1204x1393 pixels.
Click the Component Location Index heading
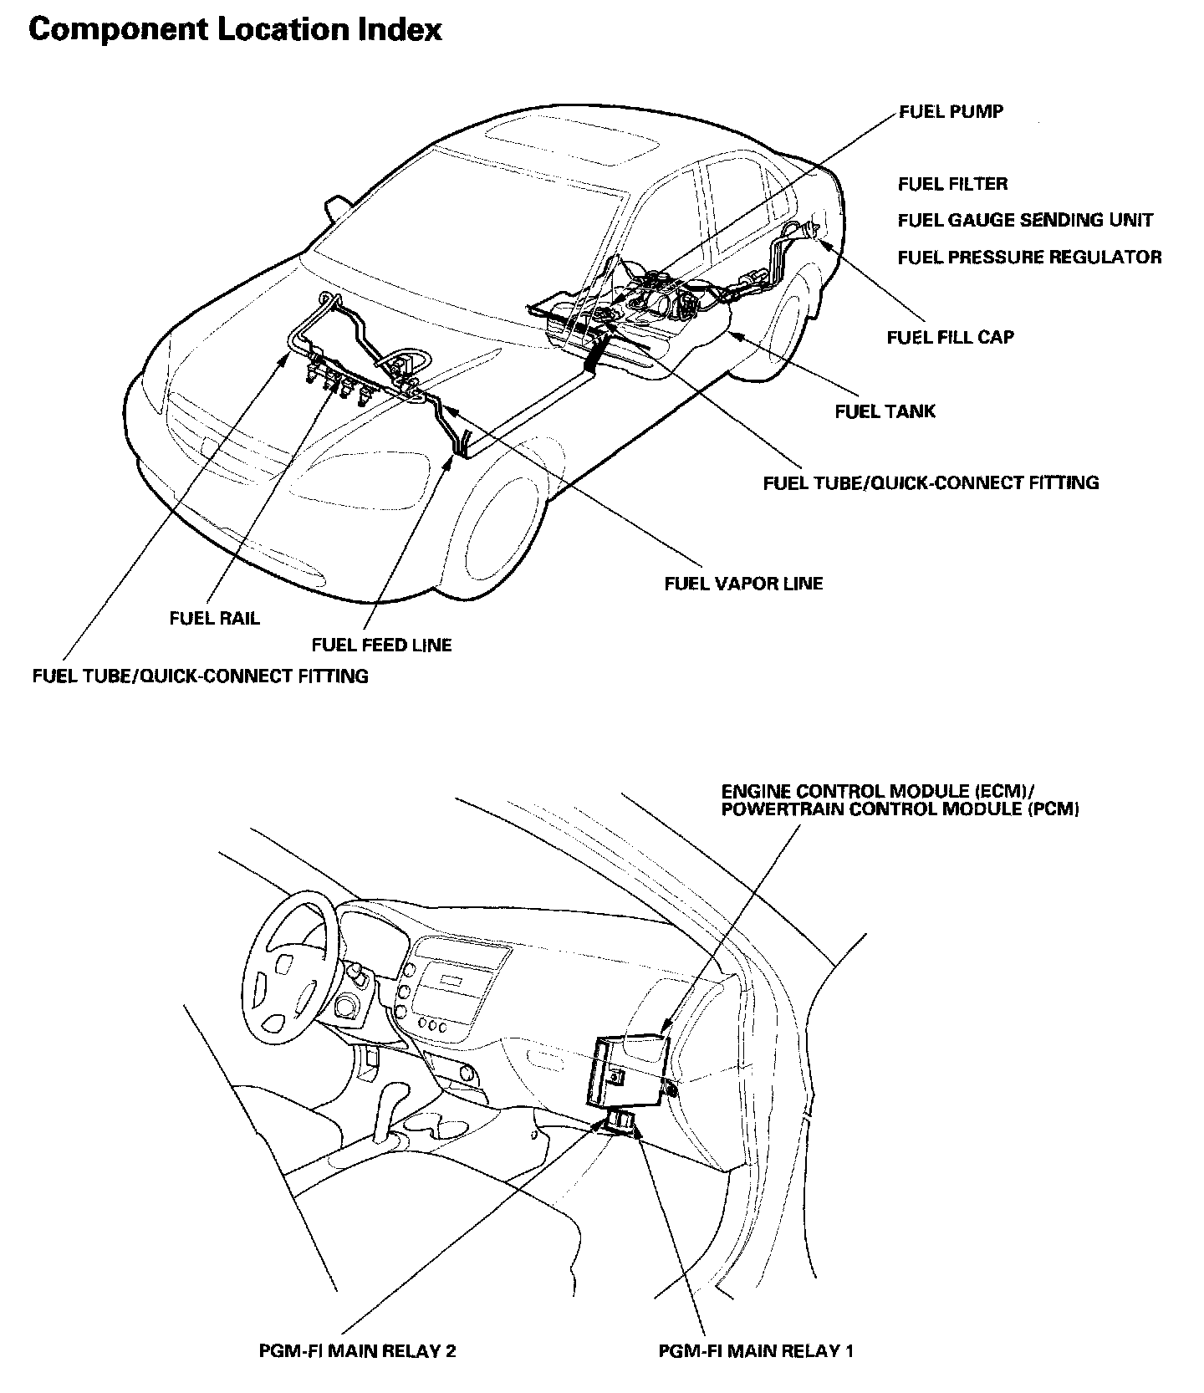point(235,30)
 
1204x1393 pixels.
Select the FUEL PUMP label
point(951,111)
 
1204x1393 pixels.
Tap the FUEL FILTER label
point(952,184)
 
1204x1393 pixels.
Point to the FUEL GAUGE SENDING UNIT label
point(1025,220)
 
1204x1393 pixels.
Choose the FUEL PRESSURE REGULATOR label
point(1029,257)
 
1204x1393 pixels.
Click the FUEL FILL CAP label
point(950,337)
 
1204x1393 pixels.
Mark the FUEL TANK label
point(885,411)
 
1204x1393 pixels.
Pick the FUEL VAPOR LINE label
point(743,583)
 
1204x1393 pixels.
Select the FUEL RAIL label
point(214,618)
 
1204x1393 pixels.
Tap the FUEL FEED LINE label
point(381,645)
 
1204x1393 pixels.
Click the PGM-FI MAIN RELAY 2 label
point(357,1350)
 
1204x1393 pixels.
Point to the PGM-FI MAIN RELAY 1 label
point(756,1350)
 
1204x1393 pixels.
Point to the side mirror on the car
point(337,207)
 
